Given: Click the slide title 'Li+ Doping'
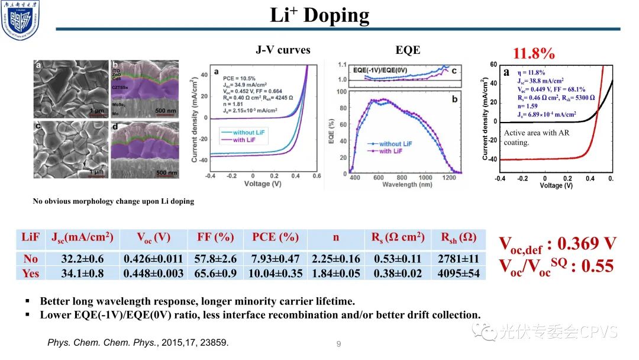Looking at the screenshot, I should pyautogui.click(x=319, y=15).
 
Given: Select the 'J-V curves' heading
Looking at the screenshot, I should pyautogui.click(x=283, y=50).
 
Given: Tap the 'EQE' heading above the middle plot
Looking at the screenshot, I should pyautogui.click(x=408, y=50).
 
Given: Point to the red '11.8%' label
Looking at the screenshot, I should pyautogui.click(x=534, y=54).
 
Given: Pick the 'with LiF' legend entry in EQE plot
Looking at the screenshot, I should pyautogui.click(x=392, y=152).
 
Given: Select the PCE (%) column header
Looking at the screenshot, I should pyautogui.click(x=276, y=238).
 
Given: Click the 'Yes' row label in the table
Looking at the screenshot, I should pyautogui.click(x=30, y=274).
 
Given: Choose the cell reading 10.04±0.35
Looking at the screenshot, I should pyautogui.click(x=276, y=274).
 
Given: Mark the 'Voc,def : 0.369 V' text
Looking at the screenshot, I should pyautogui.click(x=558, y=243).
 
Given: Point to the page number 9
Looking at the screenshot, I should pyautogui.click(x=338, y=343).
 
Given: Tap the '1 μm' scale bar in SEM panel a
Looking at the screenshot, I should pyautogui.click(x=96, y=111).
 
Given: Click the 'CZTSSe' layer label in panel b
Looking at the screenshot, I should pyautogui.click(x=121, y=86).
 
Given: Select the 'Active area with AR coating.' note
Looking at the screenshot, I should pyautogui.click(x=536, y=137).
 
